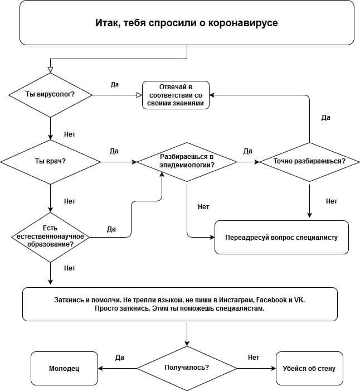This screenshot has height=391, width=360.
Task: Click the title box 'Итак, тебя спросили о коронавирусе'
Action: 187,23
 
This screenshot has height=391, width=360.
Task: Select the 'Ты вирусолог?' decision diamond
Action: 50,95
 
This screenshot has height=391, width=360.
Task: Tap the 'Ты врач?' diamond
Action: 50,162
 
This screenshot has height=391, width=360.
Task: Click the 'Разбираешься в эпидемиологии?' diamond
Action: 187,162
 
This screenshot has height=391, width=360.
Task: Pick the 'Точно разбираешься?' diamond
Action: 309,162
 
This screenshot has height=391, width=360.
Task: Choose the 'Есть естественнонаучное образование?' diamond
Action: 50,237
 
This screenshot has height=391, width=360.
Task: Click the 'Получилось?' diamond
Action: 187,368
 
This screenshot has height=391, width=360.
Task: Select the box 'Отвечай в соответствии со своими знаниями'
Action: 176,95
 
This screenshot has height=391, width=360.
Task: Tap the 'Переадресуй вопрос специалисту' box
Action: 281,237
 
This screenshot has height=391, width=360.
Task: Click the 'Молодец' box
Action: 64,368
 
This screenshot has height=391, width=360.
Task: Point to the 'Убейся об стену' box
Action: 309,368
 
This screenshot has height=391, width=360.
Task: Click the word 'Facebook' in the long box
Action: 271,300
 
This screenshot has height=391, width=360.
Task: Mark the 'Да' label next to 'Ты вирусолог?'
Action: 115,84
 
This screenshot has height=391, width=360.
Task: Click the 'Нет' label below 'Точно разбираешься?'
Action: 332,201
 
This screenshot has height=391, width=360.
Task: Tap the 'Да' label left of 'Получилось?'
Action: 120,358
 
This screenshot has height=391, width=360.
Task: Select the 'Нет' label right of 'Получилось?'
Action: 254,358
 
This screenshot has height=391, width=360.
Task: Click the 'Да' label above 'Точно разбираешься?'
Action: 326,118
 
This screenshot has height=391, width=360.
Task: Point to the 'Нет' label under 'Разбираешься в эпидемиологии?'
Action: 203,207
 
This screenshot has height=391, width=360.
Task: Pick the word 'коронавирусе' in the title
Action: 243,23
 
